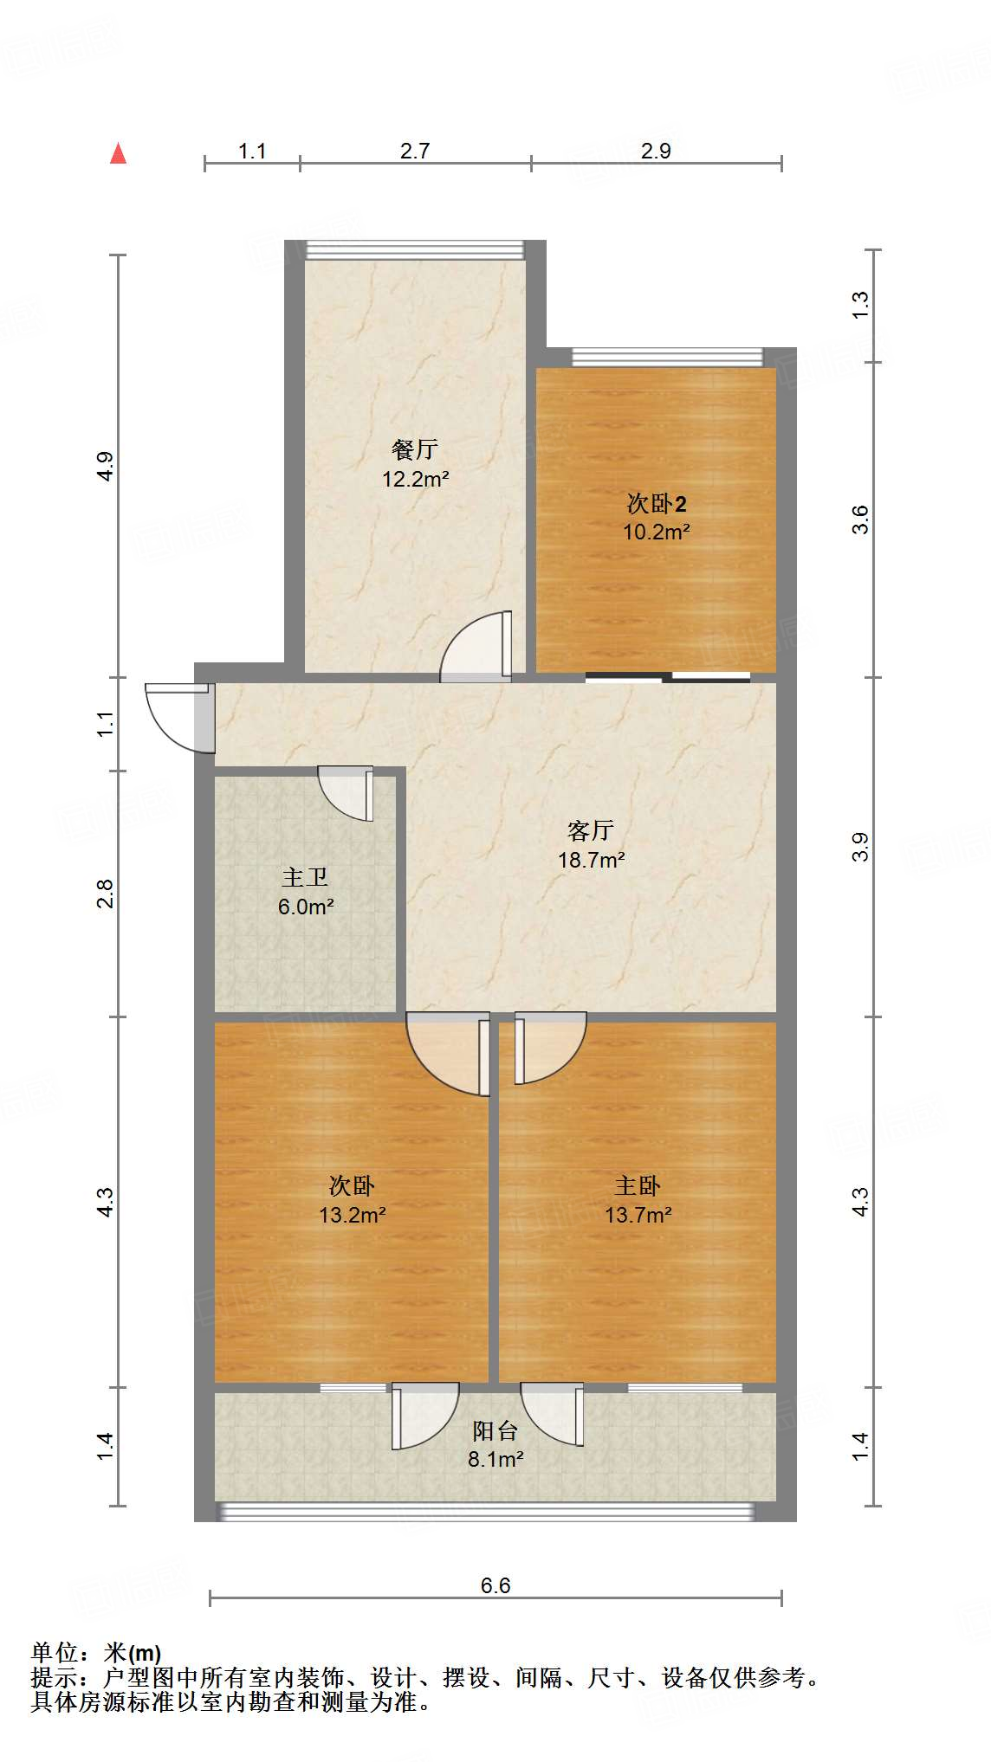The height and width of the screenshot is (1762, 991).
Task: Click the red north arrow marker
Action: [x=119, y=154]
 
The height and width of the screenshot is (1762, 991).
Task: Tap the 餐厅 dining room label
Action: [x=414, y=449]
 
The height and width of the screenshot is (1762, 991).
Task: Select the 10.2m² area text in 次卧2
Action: [x=657, y=532]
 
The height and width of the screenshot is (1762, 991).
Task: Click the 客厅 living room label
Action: [x=591, y=831]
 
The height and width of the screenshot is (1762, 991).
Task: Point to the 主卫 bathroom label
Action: [x=305, y=878]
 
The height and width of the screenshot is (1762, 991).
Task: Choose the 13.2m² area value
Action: [x=352, y=1215]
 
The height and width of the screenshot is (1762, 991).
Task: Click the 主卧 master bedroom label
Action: [x=638, y=1185]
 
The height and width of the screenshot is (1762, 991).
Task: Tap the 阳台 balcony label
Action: [x=495, y=1431]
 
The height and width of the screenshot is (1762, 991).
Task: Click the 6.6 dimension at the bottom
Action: [x=495, y=1585]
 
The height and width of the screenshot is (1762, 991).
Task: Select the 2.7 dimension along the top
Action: [x=415, y=152]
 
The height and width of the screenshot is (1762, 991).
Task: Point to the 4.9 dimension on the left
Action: [x=105, y=467]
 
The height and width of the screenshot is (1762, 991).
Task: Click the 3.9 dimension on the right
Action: [x=859, y=846]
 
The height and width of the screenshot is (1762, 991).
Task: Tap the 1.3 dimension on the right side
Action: [x=859, y=305]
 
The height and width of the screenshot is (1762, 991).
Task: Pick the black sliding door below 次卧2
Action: [x=667, y=677]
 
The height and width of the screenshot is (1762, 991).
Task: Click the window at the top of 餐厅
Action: [x=416, y=250]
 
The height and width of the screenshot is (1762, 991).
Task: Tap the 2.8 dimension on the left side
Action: [x=105, y=893]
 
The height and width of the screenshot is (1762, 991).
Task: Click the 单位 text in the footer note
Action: [x=54, y=1653]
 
